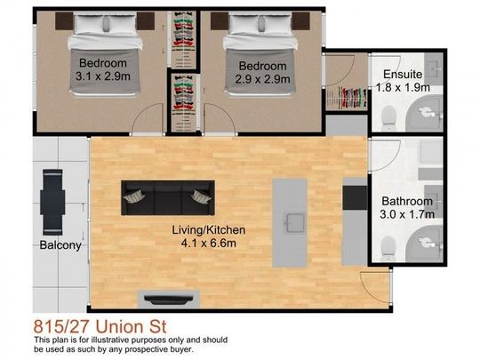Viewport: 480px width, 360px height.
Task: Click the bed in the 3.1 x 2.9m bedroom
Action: click(x=103, y=36)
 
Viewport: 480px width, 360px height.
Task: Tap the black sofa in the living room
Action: click(x=167, y=196)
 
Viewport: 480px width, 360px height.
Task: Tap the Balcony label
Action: click(x=60, y=245)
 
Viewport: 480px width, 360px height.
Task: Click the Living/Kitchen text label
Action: click(x=209, y=229)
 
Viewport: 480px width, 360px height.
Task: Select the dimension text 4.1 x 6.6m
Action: click(x=209, y=242)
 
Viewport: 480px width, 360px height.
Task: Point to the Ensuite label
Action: click(x=402, y=75)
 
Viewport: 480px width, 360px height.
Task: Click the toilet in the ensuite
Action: click(x=388, y=115)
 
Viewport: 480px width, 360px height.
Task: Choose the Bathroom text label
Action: click(x=408, y=202)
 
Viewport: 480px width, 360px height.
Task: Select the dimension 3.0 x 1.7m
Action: click(x=408, y=214)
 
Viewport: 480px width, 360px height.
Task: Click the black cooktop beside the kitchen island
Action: click(x=354, y=196)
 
